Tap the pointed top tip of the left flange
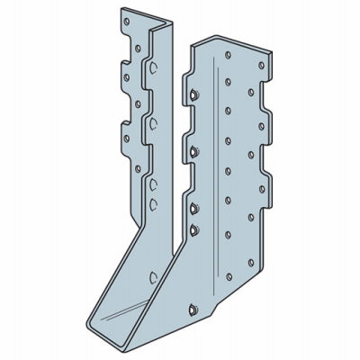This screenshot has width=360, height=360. pyautogui.click(x=117, y=10)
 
